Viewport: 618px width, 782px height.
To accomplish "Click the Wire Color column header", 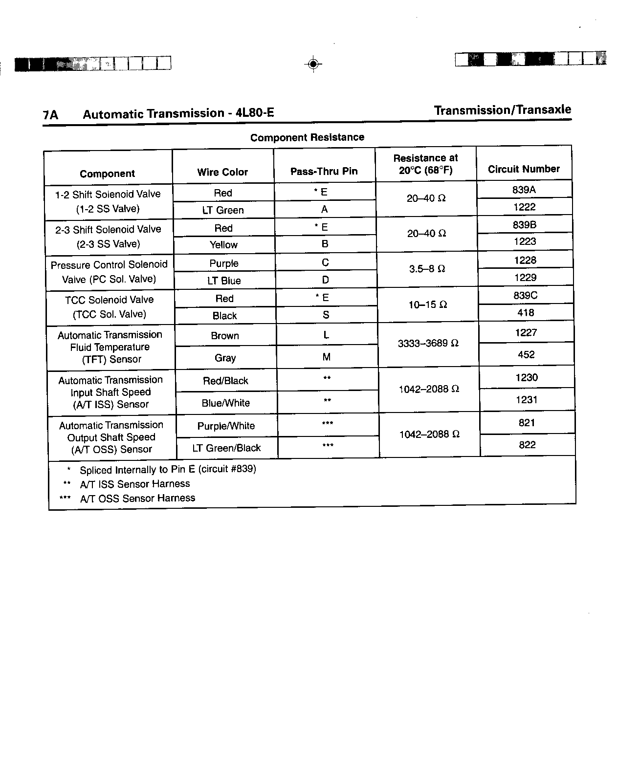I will (222, 172).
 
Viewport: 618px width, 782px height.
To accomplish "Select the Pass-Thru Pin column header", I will (324, 171).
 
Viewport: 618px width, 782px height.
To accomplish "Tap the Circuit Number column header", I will (524, 169).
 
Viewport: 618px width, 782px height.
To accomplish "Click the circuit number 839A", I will (524, 190).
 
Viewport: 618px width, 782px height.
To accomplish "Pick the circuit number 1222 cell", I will (524, 207).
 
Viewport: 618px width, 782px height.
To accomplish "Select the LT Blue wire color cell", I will (224, 281).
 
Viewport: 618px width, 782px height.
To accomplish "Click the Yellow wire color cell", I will (223, 245).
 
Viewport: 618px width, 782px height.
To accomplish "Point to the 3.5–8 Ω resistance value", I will (427, 269).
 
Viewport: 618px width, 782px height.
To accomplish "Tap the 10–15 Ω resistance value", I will (427, 304).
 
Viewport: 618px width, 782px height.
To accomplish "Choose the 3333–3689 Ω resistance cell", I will (428, 344).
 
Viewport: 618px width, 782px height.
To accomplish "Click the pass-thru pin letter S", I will (326, 315).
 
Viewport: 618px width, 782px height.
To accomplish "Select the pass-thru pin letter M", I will (326, 357).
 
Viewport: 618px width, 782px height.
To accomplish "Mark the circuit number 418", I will (526, 313).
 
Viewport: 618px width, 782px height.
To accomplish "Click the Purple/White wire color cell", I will (226, 426).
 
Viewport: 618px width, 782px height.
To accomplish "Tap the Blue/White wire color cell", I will (225, 403).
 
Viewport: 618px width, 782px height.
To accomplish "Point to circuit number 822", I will (527, 445).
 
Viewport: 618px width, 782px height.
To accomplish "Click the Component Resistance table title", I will (307, 137).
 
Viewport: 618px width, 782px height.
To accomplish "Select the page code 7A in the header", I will (50, 115).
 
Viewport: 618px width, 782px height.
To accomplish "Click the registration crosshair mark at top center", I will (313, 64).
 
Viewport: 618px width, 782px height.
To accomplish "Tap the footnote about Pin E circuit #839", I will (167, 469).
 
